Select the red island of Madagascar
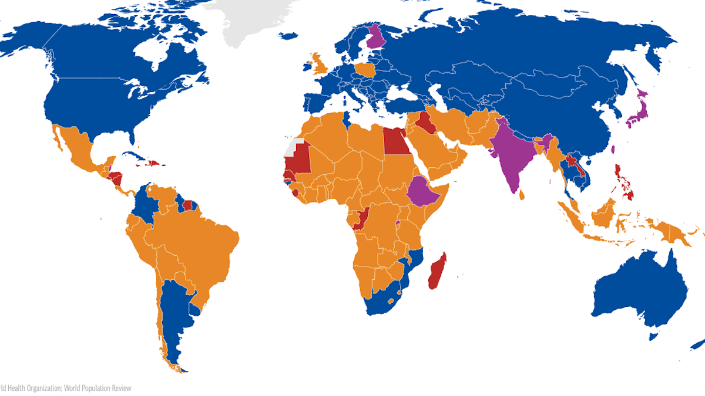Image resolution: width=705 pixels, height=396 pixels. [437, 271]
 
